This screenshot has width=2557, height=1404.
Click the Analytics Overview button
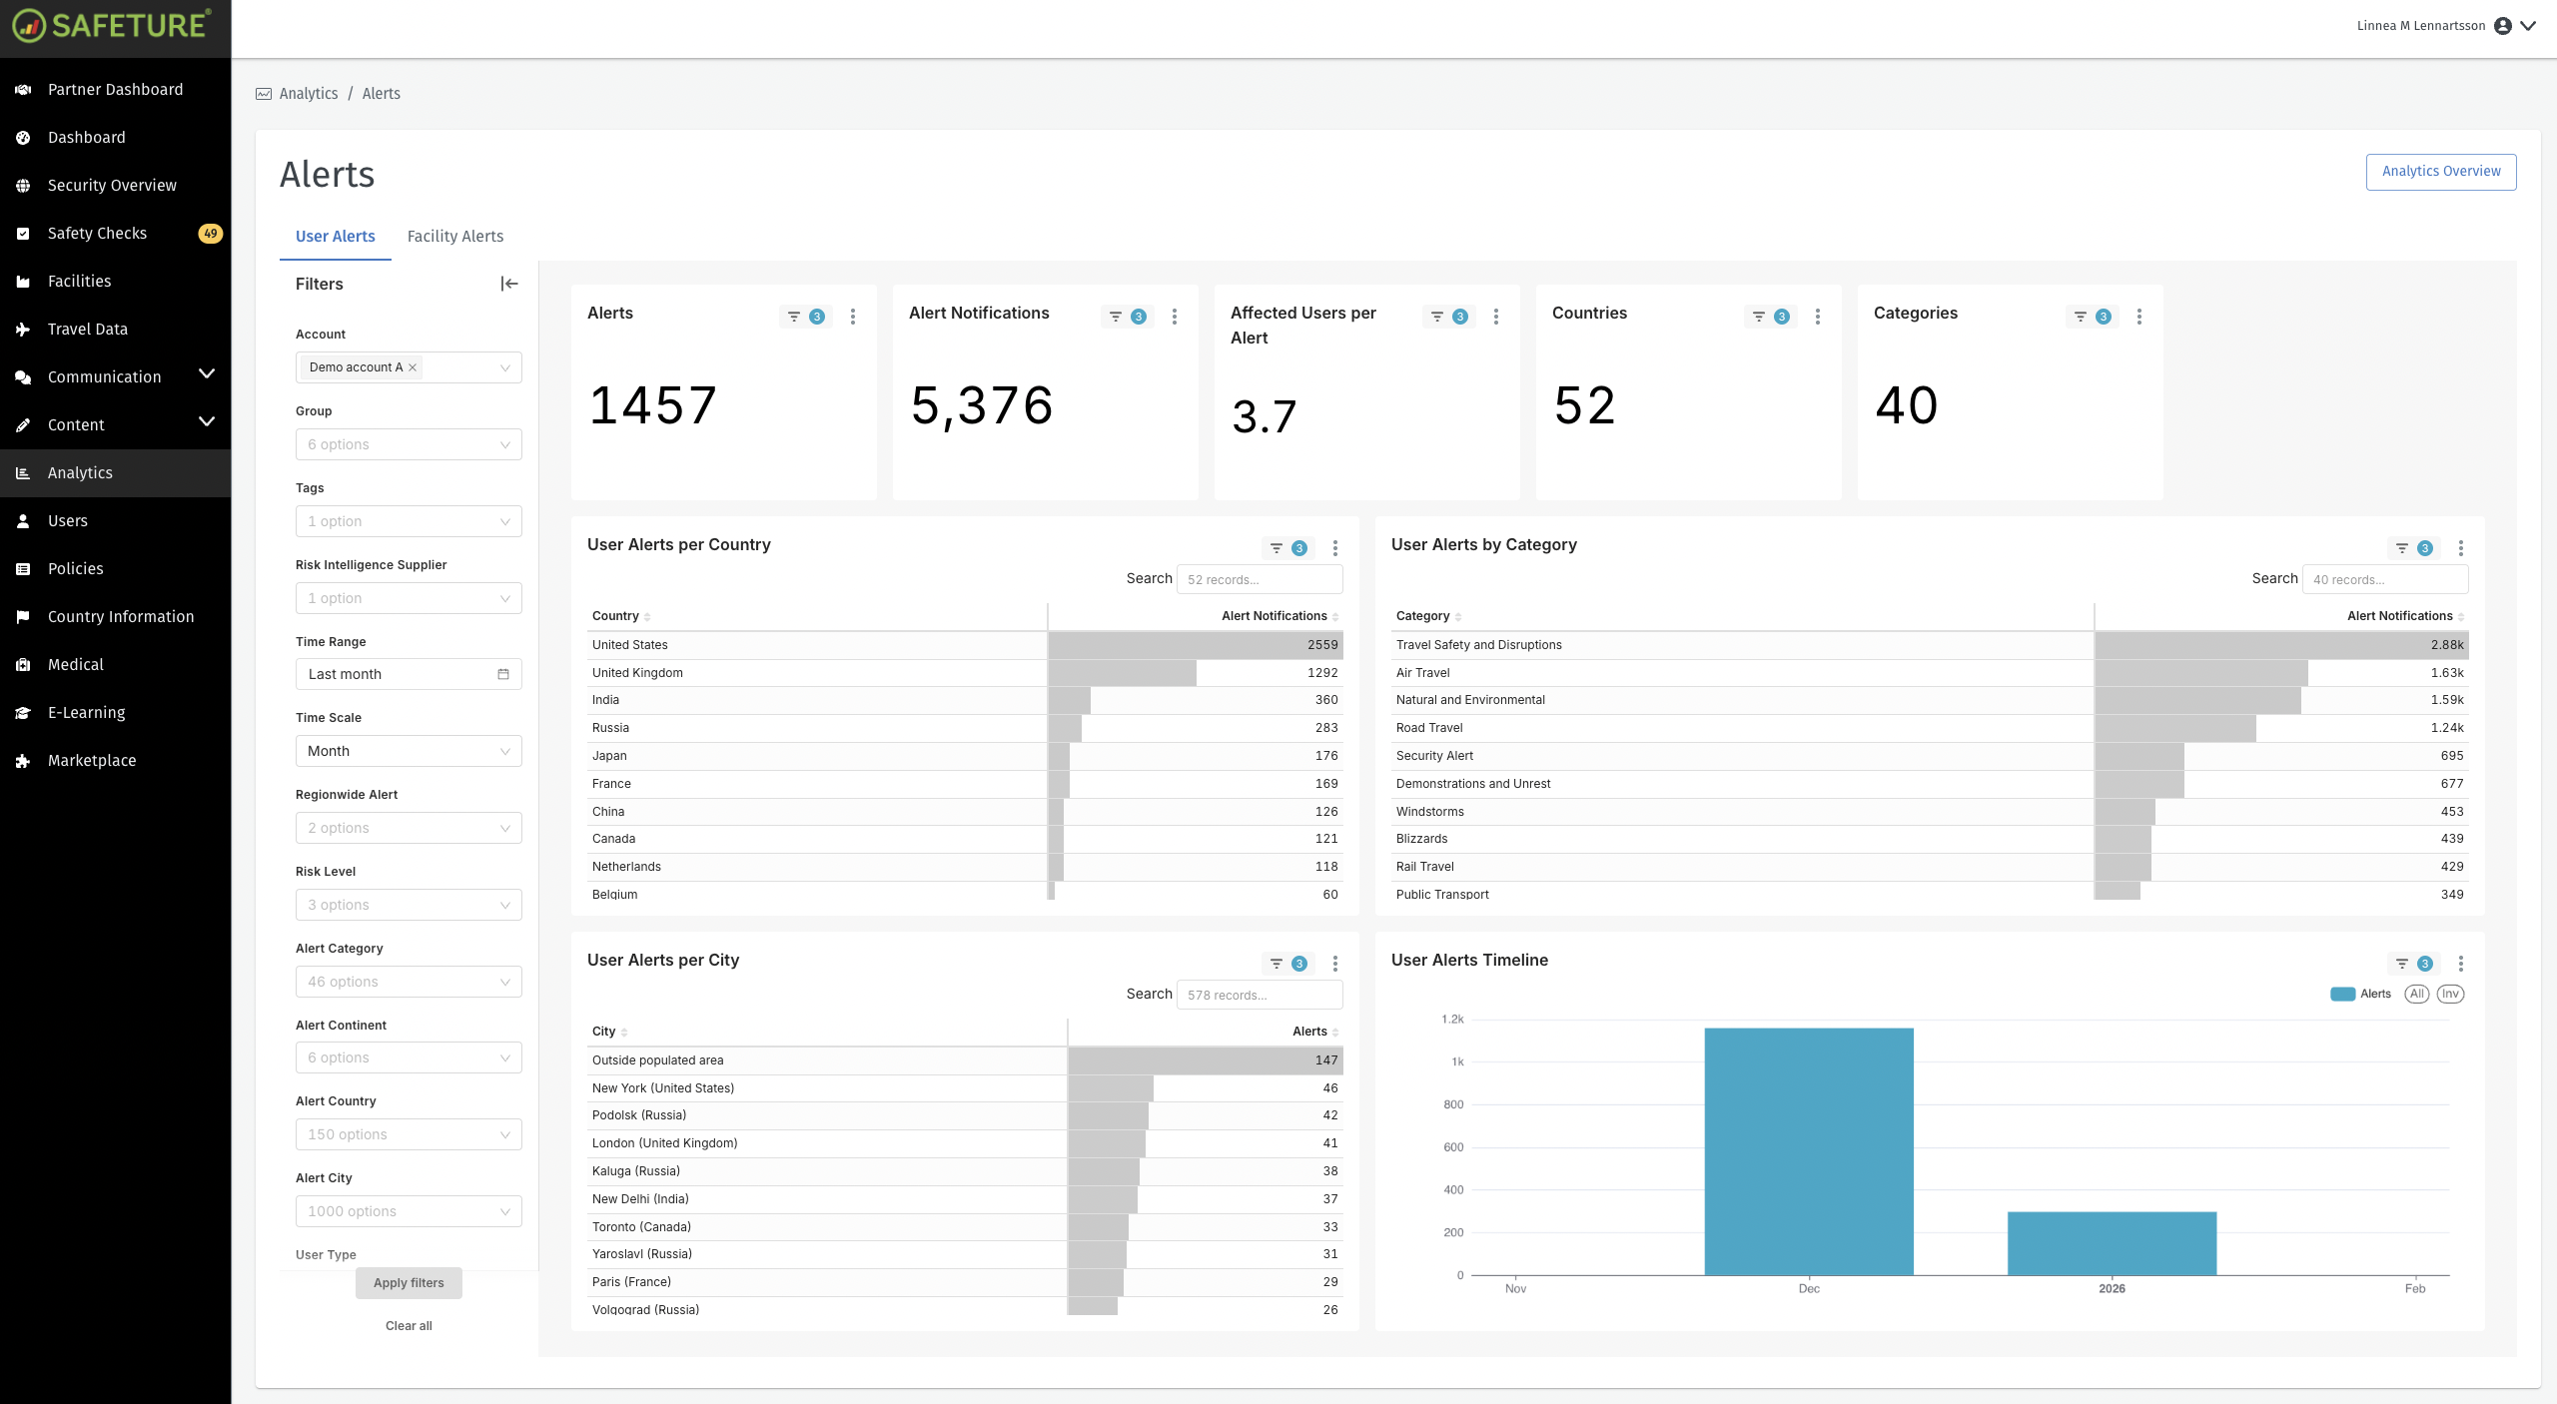coord(2440,171)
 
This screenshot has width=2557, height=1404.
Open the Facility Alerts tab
coord(454,236)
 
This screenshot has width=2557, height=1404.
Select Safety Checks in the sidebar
coord(97,233)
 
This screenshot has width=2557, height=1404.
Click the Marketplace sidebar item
coord(92,760)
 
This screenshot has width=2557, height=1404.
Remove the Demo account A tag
coord(413,367)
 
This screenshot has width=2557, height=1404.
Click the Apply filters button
coord(409,1283)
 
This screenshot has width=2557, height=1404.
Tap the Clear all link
coord(409,1326)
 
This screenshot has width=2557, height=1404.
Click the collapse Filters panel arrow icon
coord(509,284)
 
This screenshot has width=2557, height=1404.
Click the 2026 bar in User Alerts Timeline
coord(2112,1242)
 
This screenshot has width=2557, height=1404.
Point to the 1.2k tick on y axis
coord(1452,1020)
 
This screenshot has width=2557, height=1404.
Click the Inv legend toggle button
coord(2450,994)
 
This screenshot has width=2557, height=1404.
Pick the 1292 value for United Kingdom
coord(1322,673)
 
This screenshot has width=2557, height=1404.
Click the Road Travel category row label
coord(1429,728)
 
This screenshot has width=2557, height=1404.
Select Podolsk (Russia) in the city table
coord(639,1115)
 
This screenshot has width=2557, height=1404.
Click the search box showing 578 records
coord(1259,995)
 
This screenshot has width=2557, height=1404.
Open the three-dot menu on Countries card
coord(1817,317)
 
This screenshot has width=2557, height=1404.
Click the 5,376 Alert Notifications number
coord(982,405)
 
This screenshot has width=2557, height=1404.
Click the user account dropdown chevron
coord(2528,26)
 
